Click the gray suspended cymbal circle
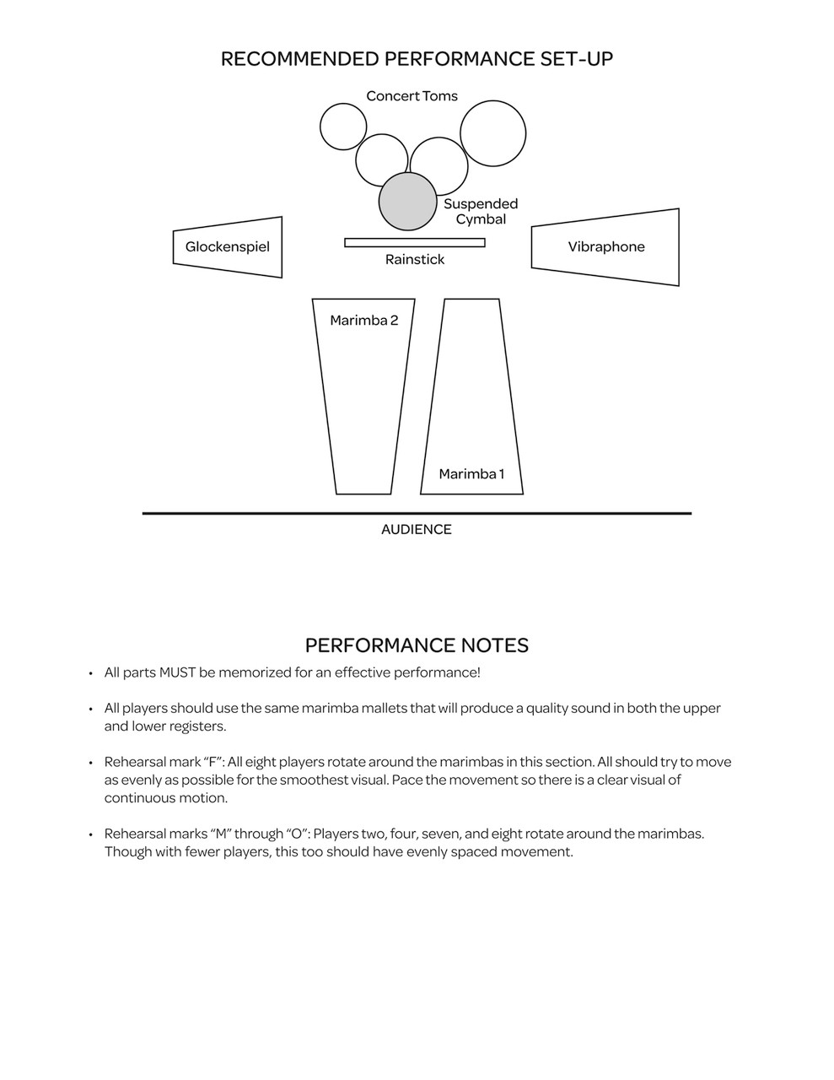coord(407,202)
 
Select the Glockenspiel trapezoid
coord(228,247)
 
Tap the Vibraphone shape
coord(605,247)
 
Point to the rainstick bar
coord(414,243)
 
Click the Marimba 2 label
coord(363,321)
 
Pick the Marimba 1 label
coord(471,474)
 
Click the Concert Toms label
coord(412,96)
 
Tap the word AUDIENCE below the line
coord(416,530)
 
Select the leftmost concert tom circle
coord(343,127)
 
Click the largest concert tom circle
coord(492,133)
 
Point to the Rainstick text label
coord(414,260)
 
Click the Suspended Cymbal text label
coord(481,212)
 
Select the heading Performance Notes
coord(417,645)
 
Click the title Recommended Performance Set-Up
coord(417,59)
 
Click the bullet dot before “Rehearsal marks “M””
coord(90,834)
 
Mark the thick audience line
coord(417,513)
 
